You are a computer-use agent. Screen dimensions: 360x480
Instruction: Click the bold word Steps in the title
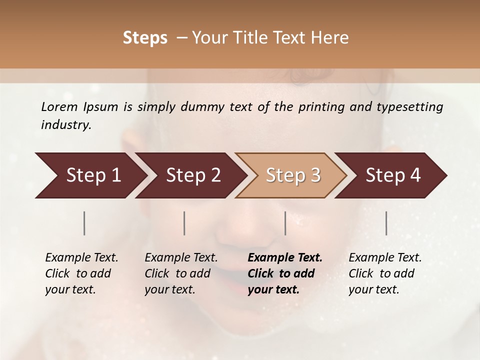[x=145, y=38]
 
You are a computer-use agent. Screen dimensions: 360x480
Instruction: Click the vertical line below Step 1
[x=84, y=223]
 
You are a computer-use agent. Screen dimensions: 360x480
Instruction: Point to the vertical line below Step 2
[x=184, y=223]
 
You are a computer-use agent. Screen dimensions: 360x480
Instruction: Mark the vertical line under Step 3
[x=285, y=223]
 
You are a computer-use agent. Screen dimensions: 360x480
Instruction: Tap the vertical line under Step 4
[x=386, y=223]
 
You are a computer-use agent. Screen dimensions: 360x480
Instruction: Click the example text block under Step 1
[x=81, y=273]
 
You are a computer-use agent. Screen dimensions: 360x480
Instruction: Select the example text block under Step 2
[x=181, y=273]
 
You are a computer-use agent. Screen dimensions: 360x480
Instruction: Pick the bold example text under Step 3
[x=285, y=273]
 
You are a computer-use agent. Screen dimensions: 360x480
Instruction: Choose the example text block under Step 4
[x=385, y=273]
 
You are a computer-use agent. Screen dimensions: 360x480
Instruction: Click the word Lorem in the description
[x=59, y=106]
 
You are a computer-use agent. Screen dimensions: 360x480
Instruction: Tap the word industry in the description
[x=65, y=125]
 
